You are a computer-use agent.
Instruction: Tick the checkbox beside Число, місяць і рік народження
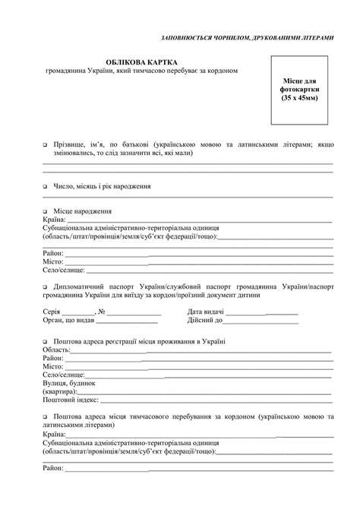[x=46, y=185]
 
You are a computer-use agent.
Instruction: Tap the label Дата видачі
[x=205, y=311]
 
